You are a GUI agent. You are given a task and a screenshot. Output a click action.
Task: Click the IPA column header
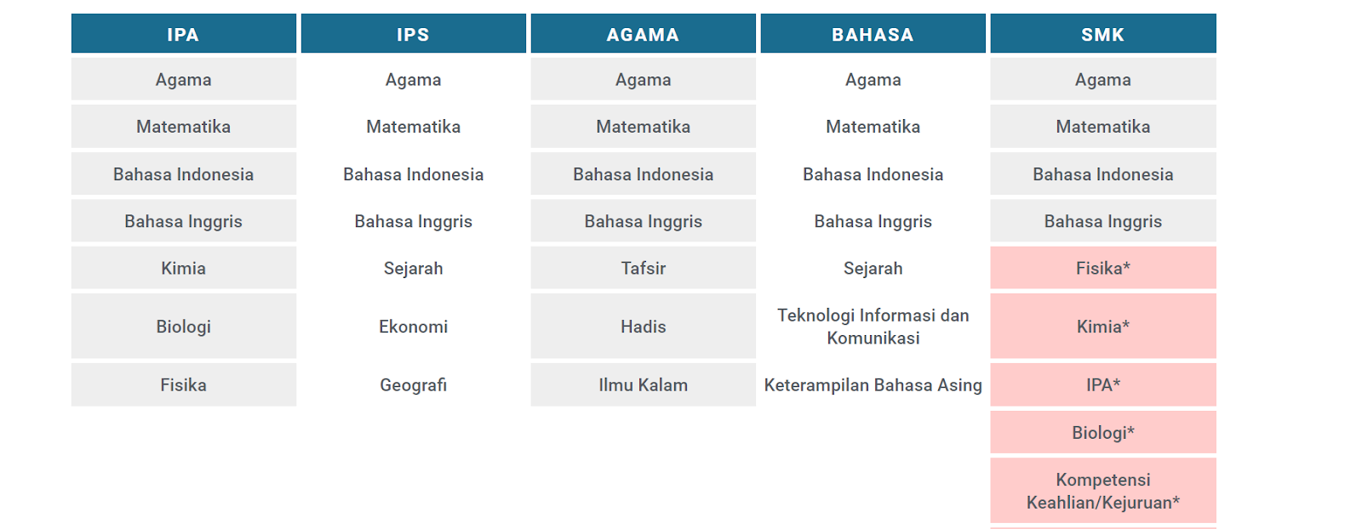184,33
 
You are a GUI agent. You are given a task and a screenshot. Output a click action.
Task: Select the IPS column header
414,33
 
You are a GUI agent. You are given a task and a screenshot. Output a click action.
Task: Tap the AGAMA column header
644,33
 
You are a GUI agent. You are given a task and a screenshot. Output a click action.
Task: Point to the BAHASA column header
873,33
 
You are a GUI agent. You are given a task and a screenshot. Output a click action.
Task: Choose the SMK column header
1103,33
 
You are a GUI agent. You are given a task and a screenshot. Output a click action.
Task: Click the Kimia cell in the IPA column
184,268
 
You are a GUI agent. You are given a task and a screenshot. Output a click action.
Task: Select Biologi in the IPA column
184,326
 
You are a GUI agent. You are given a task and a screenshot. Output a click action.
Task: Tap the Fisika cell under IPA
184,384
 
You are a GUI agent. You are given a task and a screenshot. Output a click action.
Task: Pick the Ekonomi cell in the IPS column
414,326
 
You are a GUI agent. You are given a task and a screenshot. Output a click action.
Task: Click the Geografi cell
414,384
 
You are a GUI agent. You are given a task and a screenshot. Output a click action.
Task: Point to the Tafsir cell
644,268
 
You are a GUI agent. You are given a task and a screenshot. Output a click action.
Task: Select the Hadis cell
644,326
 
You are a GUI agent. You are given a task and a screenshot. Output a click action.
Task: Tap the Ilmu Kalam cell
644,384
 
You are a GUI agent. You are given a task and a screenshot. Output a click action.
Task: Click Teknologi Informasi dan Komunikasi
873,326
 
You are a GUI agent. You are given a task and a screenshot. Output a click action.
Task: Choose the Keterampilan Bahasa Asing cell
873,384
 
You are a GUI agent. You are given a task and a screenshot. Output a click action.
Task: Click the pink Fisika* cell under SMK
1103,268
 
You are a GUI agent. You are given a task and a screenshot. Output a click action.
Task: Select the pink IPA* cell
1103,384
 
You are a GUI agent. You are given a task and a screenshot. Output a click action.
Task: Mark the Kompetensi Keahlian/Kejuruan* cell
1103,491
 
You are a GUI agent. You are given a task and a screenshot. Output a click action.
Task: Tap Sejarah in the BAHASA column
873,268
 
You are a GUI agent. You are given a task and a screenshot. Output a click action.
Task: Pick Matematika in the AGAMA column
644,127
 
